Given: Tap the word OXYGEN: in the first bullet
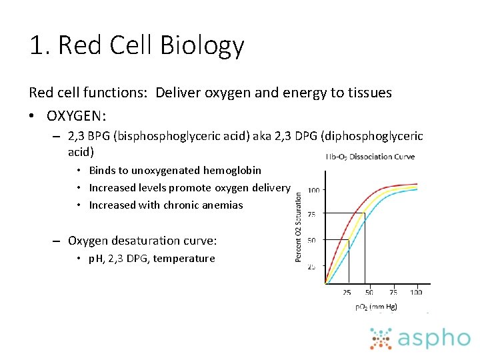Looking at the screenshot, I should (76, 116).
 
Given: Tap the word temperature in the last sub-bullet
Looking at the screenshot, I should (184, 259).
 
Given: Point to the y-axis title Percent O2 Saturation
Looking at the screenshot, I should (299, 227).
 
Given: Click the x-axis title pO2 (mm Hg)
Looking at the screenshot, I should (376, 307).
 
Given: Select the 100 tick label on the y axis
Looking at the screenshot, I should (313, 190).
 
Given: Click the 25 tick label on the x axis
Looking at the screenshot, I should (347, 292).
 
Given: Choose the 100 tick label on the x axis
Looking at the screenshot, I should (416, 292).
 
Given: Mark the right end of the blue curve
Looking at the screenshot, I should (417, 189).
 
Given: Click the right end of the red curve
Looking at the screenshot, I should (417, 183).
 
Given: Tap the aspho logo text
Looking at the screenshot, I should (434, 338).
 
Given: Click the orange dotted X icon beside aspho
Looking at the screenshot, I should (382, 339).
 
